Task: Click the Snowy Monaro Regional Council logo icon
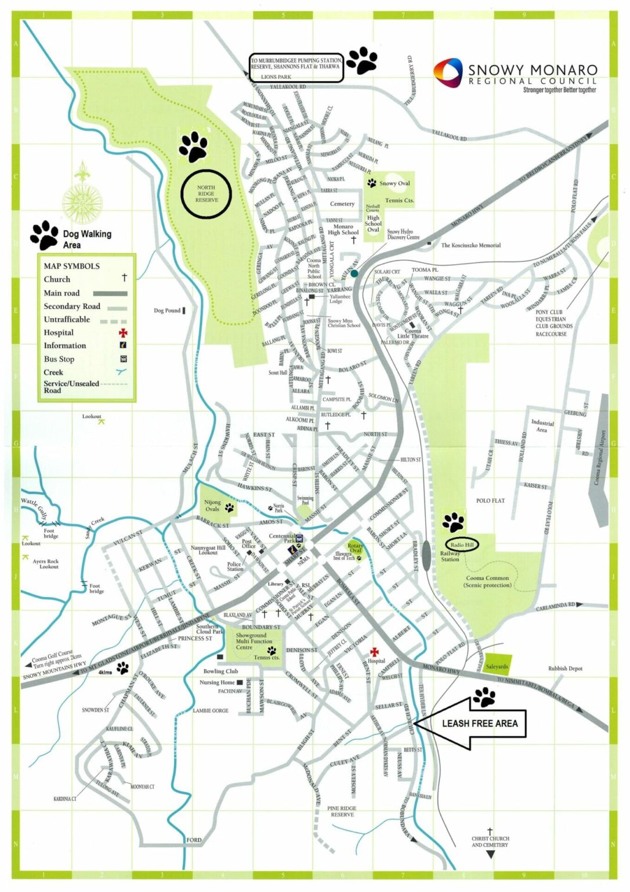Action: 448,72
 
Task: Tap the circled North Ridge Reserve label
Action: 206,194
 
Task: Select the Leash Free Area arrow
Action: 470,723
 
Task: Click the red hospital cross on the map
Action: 374,652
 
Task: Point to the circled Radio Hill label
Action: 462,545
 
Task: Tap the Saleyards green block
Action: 497,666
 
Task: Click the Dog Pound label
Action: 167,311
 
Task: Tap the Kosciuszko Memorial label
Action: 470,245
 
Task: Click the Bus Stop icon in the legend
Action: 123,359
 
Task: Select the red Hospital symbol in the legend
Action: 123,333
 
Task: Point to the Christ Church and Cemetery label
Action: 490,841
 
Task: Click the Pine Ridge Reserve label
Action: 342,811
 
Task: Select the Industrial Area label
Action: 542,426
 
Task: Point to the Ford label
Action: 194,840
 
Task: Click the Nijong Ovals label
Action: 212,506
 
